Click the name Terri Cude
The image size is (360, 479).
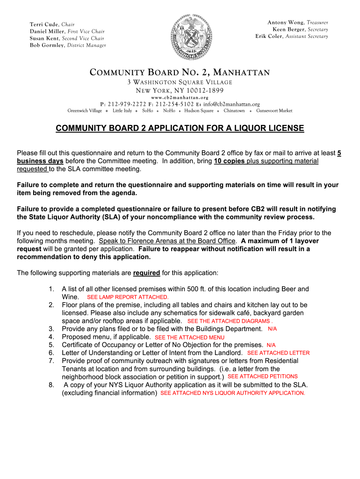coord(43,24)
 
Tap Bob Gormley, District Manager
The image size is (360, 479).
coord(68,45)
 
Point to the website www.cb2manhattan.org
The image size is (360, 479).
coord(180,97)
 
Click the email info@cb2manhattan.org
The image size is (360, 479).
coord(231,104)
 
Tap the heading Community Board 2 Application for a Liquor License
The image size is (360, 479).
coord(180,128)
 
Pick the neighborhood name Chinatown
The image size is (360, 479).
coord(234,111)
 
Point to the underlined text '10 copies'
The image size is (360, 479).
coord(230,161)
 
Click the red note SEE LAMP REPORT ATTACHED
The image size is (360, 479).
coord(128,297)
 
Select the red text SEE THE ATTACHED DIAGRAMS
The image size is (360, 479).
coord(229,321)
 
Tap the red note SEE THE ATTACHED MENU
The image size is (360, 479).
coord(189,337)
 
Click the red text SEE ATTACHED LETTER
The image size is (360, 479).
coord(278,353)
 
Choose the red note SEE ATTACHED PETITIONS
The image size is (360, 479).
coord(262,377)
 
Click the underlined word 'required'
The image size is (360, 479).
coord(147,273)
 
